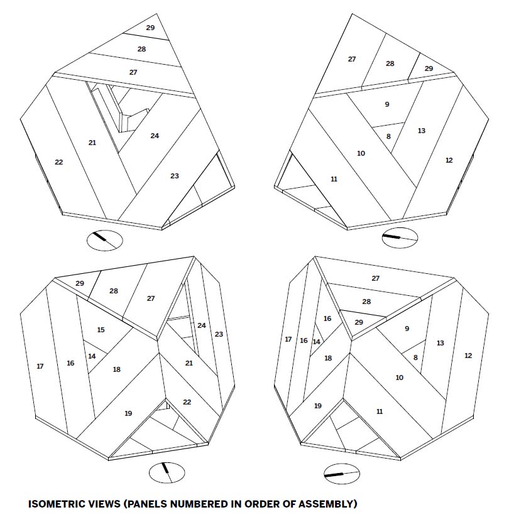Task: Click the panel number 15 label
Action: [101, 330]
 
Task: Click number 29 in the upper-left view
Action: [150, 28]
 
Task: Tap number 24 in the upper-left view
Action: [155, 136]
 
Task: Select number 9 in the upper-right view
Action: [387, 104]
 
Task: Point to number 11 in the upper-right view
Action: [334, 180]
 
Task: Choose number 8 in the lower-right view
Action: [415, 357]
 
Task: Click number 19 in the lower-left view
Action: [128, 413]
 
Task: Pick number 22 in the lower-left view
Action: [187, 402]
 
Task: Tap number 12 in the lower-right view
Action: [468, 356]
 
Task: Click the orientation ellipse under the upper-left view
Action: [104, 241]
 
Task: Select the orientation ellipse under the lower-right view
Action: [342, 474]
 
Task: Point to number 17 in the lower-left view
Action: [40, 367]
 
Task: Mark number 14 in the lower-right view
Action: [317, 342]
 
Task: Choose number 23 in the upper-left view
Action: [175, 176]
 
